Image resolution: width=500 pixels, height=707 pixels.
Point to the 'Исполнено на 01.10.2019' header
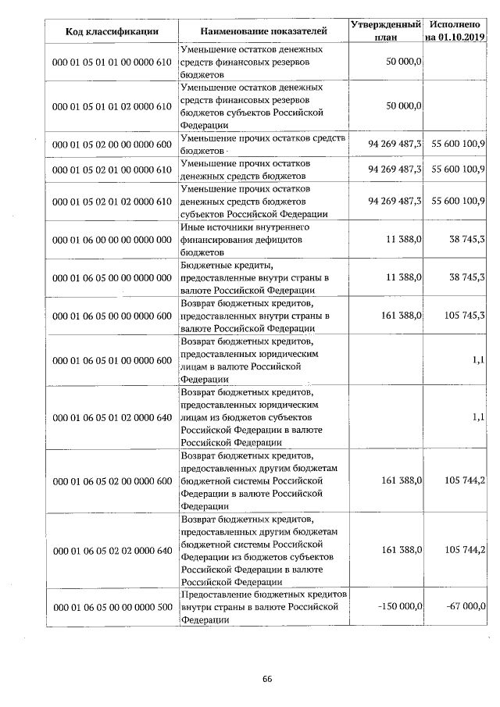(x=455, y=31)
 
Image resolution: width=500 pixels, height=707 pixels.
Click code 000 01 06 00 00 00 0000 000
(x=112, y=239)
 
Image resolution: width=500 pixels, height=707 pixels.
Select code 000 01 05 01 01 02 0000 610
(x=112, y=105)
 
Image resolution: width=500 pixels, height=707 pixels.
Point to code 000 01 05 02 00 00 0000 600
(x=112, y=145)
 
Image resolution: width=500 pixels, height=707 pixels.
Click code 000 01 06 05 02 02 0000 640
(x=112, y=551)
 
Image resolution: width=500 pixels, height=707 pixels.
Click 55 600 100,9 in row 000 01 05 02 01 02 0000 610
(x=455, y=202)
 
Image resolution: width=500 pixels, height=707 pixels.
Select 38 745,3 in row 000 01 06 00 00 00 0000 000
(x=465, y=239)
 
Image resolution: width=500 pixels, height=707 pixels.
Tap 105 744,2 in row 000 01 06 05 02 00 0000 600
(x=465, y=480)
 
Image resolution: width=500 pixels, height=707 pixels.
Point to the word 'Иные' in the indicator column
(x=192, y=227)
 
